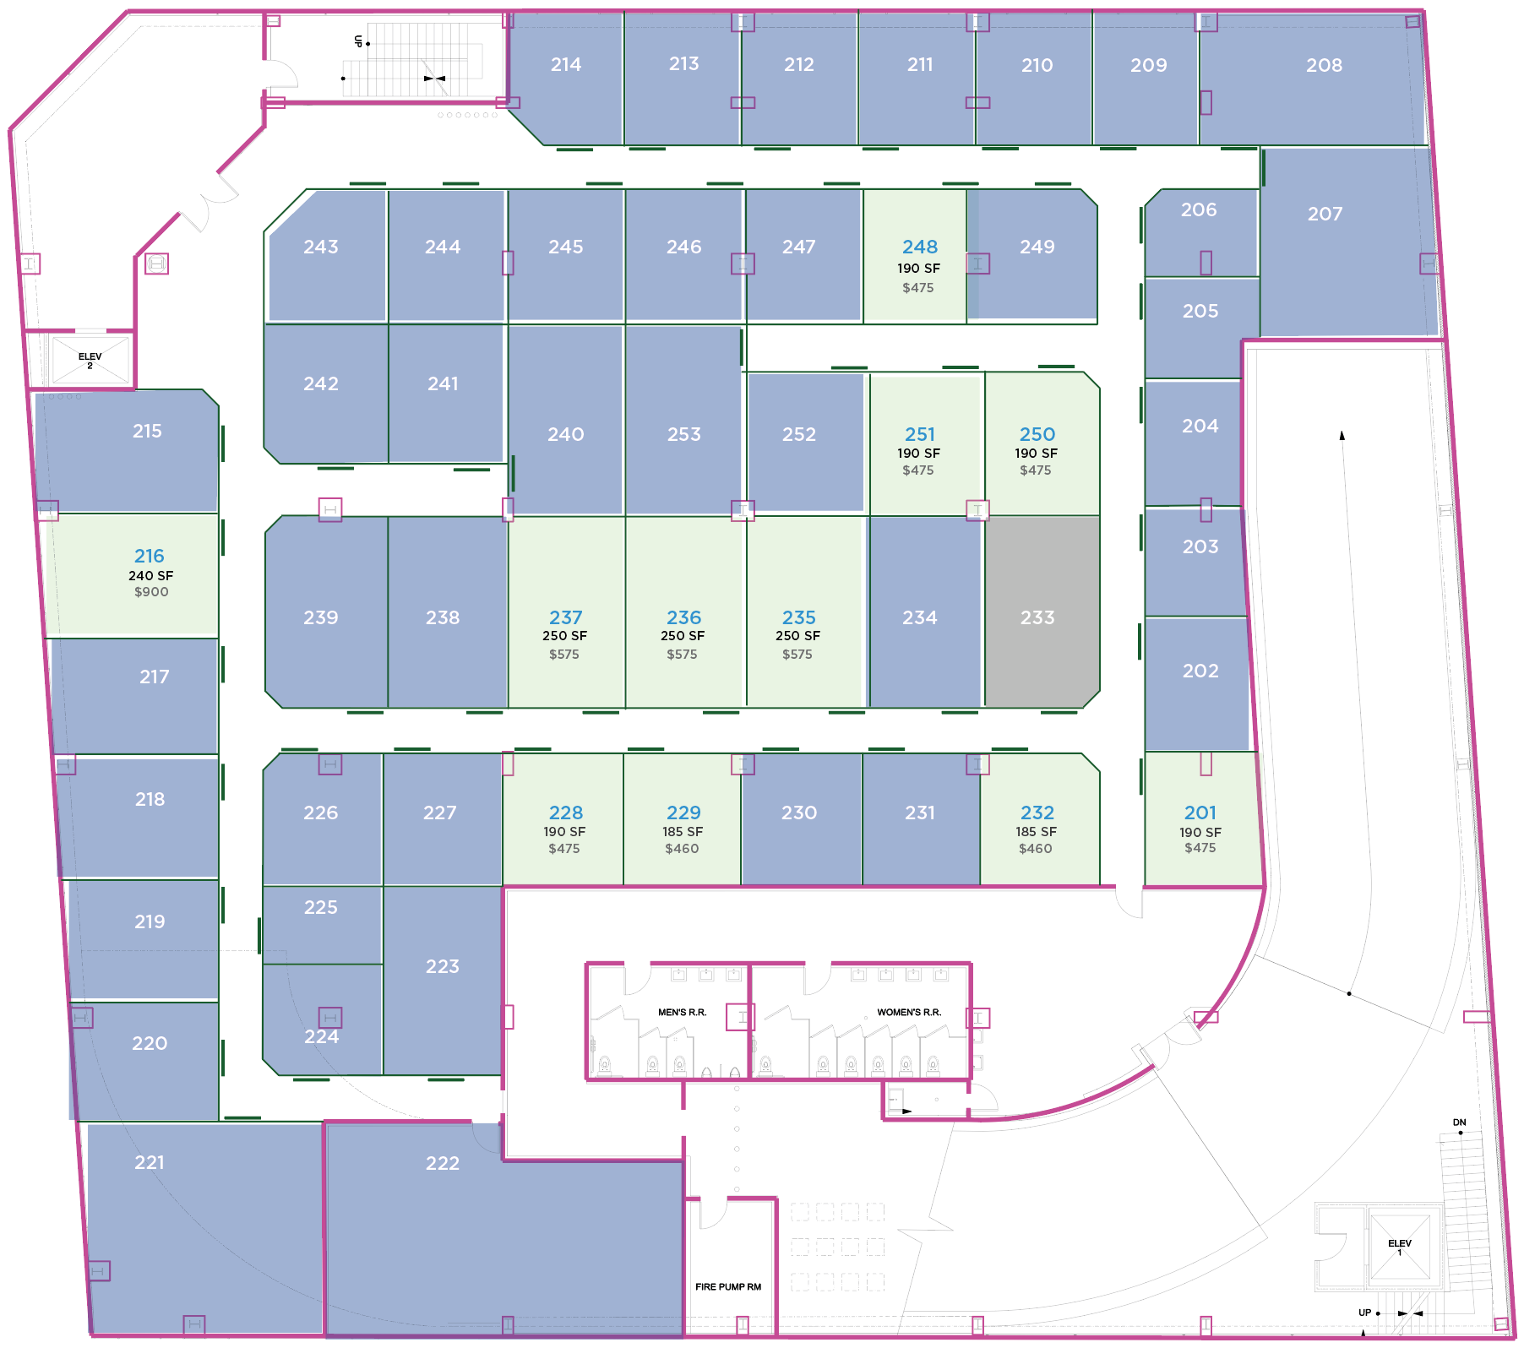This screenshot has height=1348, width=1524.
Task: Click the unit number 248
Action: pos(919,247)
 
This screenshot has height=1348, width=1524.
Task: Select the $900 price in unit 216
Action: pos(151,592)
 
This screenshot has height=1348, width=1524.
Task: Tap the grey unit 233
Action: pos(1042,611)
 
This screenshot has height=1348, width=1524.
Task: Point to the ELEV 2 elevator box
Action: pos(90,361)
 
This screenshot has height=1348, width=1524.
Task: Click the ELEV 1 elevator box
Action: pos(1400,1247)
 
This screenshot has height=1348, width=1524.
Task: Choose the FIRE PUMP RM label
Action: pos(728,1287)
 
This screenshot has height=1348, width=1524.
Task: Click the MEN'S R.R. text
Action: pos(682,1012)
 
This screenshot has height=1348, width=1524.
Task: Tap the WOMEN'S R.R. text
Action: pos(909,1012)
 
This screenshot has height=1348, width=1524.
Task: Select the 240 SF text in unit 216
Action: pos(151,575)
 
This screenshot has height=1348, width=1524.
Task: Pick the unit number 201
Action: pos(1200,813)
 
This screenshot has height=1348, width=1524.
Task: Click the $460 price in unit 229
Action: pos(682,849)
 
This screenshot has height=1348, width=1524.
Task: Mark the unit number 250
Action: pos(1037,434)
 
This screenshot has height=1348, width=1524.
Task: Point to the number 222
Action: pos(443,1163)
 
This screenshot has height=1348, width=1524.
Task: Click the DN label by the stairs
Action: pos(1460,1122)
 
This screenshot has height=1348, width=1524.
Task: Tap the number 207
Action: pos(1325,214)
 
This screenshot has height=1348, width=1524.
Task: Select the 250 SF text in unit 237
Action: pos(564,636)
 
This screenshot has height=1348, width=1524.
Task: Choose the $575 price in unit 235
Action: pos(797,655)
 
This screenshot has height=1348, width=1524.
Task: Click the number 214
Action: pos(566,64)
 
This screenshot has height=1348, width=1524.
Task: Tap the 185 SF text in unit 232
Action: pos(1037,832)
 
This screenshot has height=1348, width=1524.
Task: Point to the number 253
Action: pos(684,434)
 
